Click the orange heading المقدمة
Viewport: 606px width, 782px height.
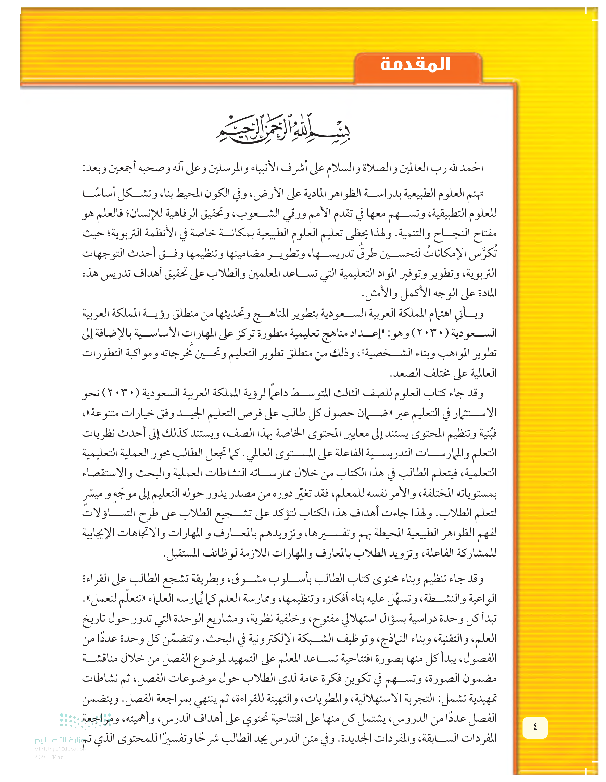tap(415, 64)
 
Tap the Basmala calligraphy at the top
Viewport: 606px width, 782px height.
tap(282, 130)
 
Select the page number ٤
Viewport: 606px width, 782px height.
tap(535, 727)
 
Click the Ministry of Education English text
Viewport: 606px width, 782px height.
tap(60, 749)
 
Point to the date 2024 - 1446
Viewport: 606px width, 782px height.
tap(49, 757)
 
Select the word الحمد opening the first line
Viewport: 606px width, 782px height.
tap(472, 168)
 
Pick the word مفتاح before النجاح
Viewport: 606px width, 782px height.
tap(484, 234)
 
